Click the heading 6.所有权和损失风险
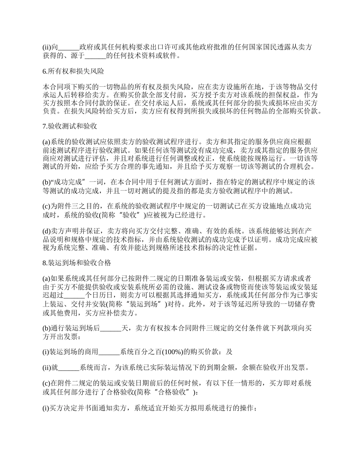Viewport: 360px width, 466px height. coord(74,71)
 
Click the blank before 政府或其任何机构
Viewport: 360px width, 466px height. coord(69,47)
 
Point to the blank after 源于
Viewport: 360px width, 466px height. coord(95,56)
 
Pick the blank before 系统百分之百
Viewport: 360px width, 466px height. coord(109,352)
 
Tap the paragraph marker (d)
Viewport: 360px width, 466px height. coord(47,230)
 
